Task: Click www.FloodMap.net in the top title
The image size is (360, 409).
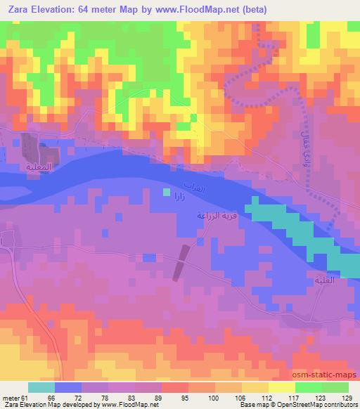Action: click(x=203, y=9)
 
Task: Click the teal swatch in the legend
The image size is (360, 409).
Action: click(x=41, y=387)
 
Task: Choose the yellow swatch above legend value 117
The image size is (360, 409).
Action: click(x=281, y=387)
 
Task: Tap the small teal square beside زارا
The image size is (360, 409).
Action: click(x=167, y=190)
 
